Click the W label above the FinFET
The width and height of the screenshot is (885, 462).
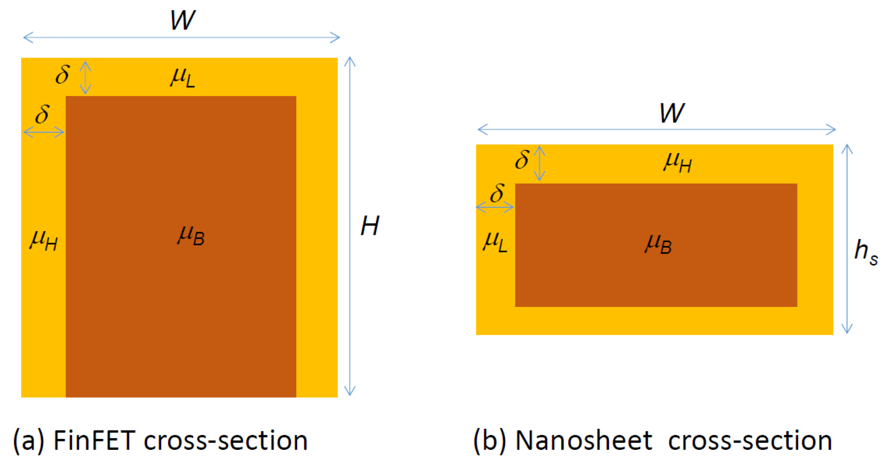(183, 20)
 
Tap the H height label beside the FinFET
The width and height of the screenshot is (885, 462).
(370, 226)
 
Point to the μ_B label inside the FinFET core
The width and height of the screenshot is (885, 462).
(191, 235)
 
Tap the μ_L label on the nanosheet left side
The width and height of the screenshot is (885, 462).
(495, 242)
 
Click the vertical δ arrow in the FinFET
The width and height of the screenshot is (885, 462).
(85, 78)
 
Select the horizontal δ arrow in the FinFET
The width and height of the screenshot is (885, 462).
(44, 132)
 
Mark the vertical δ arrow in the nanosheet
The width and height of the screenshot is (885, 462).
(539, 163)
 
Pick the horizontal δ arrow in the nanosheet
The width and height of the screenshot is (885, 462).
(495, 207)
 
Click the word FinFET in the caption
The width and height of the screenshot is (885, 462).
(94, 440)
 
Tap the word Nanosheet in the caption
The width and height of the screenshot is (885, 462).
(584, 440)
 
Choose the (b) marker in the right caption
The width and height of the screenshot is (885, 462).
(490, 441)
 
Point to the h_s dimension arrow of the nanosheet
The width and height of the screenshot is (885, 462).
(847, 239)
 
